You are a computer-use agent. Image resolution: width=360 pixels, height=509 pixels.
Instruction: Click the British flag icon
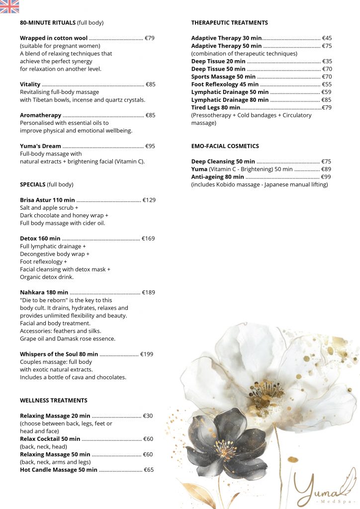pos(9,6)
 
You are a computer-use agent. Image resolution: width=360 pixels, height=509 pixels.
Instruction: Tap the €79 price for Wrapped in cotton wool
pos(149,38)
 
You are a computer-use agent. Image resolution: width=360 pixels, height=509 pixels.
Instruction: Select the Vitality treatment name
pos(30,85)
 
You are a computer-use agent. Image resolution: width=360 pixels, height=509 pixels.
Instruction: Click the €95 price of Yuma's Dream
pos(150,146)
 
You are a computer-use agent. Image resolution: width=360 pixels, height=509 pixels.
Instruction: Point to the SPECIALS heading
pos(33,184)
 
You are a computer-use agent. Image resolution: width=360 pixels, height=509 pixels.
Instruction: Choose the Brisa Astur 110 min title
pos(47,200)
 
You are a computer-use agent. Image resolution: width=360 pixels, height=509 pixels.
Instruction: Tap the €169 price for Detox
pos(148,239)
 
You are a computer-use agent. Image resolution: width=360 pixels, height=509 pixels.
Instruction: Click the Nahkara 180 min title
pos(44,292)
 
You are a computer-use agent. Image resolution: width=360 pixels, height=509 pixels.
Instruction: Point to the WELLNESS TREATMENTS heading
pos(54,400)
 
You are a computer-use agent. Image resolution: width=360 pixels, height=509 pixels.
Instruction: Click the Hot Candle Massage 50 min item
pos(59,470)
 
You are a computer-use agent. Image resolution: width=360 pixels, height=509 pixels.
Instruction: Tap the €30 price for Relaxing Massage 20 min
pos(148,416)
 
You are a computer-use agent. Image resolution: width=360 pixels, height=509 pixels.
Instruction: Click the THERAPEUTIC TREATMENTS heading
pos(229,23)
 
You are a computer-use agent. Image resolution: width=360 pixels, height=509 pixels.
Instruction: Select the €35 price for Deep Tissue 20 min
pos(327,61)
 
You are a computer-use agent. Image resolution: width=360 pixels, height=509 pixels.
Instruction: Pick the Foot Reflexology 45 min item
pos(225,85)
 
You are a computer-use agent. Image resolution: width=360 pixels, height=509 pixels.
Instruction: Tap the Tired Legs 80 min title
pos(216,107)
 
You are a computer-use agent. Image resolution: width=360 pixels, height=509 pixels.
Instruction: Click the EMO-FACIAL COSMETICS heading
pos(225,146)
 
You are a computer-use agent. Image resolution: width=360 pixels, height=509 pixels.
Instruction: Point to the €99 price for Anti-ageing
pos(326,177)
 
